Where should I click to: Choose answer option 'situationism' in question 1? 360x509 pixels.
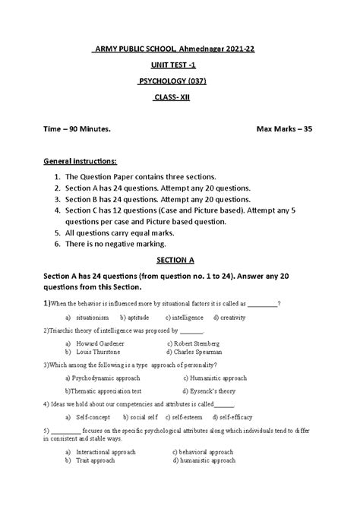tap(94, 316)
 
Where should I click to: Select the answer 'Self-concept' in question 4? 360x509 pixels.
tap(94, 417)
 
